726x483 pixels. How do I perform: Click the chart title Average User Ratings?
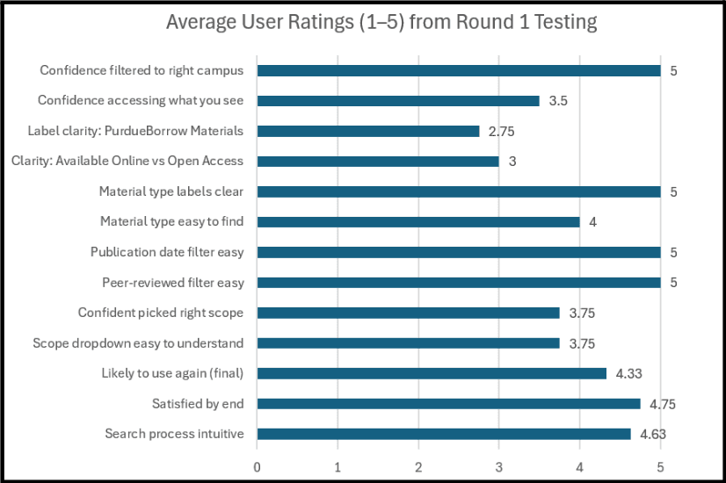[381, 22]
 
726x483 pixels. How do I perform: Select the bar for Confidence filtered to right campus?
[459, 71]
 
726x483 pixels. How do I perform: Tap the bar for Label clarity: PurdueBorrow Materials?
[368, 132]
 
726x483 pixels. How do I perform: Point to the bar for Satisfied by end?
[448, 404]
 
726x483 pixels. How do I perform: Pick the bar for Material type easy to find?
[418, 222]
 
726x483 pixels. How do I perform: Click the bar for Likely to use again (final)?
[432, 373]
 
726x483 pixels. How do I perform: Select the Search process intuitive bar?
[444, 434]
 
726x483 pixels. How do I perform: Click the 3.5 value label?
[558, 101]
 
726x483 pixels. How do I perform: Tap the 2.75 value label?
[502, 132]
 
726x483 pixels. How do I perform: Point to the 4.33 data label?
[628, 373]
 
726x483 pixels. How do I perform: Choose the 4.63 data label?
[653, 434]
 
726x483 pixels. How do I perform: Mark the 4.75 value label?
[663, 404]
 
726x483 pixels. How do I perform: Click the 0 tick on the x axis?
[257, 467]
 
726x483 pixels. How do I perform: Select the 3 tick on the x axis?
[498, 467]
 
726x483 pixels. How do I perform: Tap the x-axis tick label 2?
[418, 467]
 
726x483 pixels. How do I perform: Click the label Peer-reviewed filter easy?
[172, 283]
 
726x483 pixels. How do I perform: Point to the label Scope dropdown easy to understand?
[138, 343]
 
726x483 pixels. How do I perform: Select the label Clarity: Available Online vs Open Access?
[127, 161]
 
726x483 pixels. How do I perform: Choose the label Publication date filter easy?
[167, 252]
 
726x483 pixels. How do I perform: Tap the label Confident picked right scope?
[160, 313]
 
